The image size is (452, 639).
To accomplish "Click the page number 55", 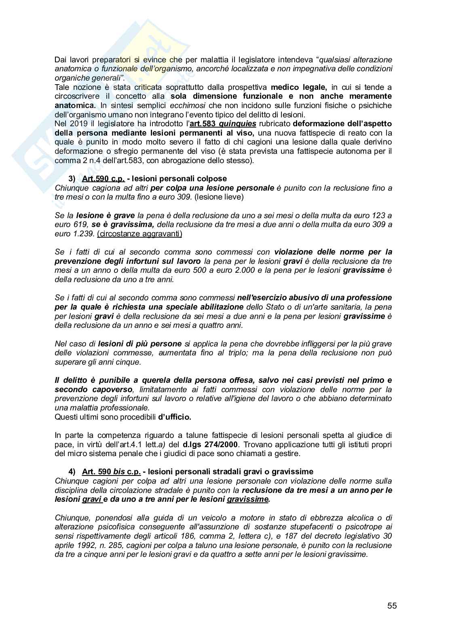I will point(392,606).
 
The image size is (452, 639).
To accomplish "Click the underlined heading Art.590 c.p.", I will point(103,178).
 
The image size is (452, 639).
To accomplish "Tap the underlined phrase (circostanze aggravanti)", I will point(139,234).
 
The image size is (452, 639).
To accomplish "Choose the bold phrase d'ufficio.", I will point(174,416).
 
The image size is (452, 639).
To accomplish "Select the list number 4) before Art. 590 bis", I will point(72,471).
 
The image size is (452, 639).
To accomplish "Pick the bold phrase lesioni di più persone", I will point(139,344).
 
